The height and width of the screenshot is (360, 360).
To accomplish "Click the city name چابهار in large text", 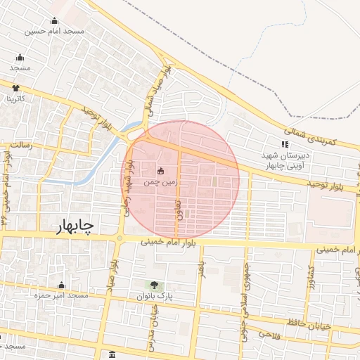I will coord(75,225).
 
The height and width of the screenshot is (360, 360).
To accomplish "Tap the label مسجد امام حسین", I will coord(54,31).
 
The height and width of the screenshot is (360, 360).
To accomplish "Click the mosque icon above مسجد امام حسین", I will coord(54,20).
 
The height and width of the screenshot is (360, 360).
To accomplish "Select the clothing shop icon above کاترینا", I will coord(15,88).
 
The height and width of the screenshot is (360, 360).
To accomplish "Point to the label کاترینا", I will coord(15,98).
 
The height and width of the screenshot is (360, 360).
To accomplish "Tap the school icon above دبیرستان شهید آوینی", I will coord(285,145).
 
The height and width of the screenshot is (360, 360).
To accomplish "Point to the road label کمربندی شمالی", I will coord(310,136).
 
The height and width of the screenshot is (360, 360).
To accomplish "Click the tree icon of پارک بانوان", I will coord(153,285).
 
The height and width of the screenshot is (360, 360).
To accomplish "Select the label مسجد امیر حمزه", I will coord(61,296).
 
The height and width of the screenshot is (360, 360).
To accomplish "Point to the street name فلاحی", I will coord(271,335).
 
